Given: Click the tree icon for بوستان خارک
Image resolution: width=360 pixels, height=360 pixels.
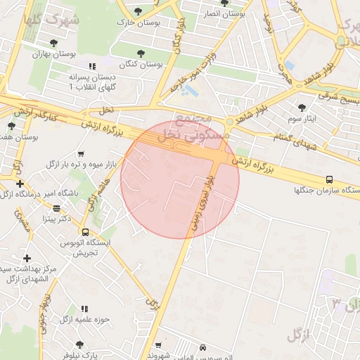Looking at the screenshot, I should click(x=141, y=11).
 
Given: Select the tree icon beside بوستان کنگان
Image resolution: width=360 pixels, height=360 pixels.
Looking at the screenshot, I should click(x=141, y=53).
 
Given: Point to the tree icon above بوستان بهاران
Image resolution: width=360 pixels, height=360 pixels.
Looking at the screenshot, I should click(x=53, y=43).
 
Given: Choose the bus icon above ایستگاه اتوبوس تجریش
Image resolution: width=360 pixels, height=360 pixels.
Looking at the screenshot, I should click(x=85, y=232).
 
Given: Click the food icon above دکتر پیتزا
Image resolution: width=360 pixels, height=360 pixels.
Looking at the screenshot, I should click(x=57, y=208).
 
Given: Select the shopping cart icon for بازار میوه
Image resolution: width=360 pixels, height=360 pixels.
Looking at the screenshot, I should click(x=81, y=153).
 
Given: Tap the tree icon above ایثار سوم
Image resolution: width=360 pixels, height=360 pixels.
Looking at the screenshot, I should click(x=302, y=108).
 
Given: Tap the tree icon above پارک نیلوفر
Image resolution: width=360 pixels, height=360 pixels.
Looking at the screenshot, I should click(x=79, y=345).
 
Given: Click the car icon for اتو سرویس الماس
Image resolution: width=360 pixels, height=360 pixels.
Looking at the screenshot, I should click(x=202, y=348).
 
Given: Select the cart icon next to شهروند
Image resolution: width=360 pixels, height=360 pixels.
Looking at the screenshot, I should click(x=158, y=345).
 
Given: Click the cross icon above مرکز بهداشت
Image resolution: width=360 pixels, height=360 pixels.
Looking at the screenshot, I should click(x=27, y=258).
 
